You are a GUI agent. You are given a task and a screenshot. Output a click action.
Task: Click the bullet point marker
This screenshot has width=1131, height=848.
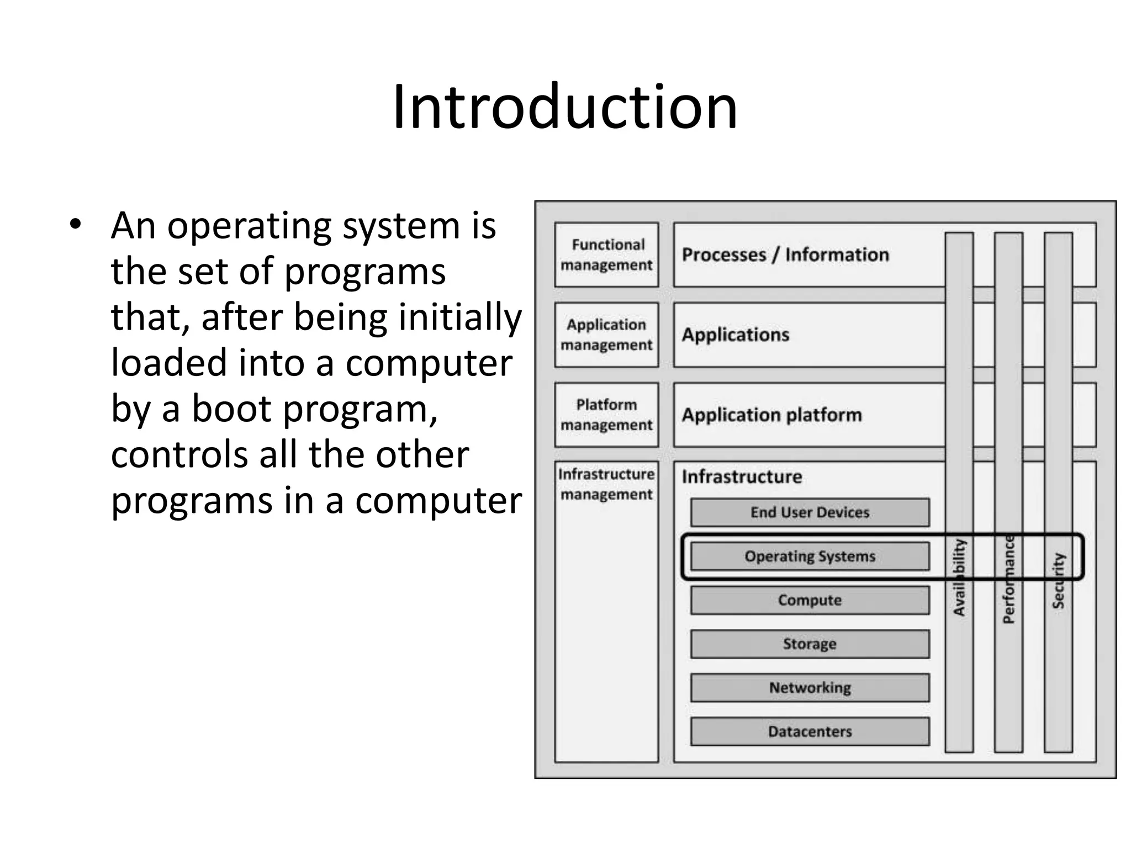click(x=75, y=225)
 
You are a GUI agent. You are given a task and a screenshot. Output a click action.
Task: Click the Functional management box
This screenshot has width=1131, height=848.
click(x=606, y=255)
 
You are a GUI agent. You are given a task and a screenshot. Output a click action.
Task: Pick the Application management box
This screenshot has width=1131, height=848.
click(x=606, y=335)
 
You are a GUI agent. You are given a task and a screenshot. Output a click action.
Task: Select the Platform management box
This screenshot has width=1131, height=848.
click(x=606, y=415)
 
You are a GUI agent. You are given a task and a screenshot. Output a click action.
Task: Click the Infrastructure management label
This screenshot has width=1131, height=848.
click(x=606, y=484)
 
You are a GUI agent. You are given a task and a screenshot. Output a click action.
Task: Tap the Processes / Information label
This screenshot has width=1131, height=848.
click(x=785, y=255)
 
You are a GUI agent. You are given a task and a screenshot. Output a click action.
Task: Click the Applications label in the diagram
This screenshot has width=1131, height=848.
click(x=735, y=335)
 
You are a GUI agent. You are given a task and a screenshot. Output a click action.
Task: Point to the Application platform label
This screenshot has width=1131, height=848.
click(x=771, y=415)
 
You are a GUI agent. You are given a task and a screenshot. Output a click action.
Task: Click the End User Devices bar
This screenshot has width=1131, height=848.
click(x=810, y=512)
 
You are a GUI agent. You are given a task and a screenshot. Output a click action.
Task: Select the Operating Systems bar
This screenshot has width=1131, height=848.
click(x=810, y=556)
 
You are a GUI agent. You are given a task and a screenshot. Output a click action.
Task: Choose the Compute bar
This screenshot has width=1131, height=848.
click(x=810, y=600)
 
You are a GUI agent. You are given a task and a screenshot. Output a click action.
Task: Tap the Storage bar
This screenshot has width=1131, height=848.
click(x=810, y=644)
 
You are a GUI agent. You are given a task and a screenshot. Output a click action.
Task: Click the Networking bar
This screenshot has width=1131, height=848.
click(x=810, y=687)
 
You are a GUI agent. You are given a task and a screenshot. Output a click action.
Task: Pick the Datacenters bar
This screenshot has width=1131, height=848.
click(x=810, y=732)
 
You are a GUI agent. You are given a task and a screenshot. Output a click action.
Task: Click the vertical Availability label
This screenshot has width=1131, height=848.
click(x=959, y=577)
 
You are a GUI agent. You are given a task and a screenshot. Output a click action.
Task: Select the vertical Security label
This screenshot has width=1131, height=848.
click(x=1058, y=581)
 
